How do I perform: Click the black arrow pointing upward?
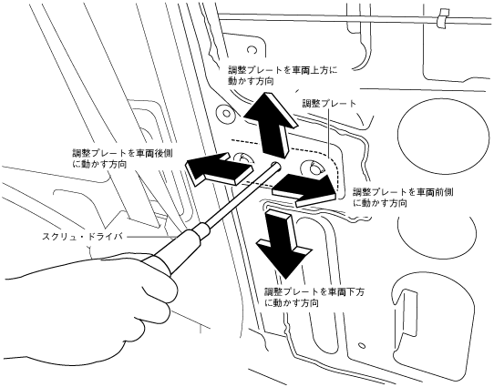tap(271, 124)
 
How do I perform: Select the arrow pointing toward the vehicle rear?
tap(219, 168)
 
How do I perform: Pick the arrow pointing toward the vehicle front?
tap(304, 188)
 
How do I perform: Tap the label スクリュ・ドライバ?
tap(82, 236)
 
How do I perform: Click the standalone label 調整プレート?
tap(330, 103)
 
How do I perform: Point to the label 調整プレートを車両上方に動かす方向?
tap(283, 76)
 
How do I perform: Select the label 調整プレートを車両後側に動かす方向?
tap(122, 158)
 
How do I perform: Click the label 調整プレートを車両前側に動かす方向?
tap(403, 198)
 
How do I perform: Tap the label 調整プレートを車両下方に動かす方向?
tap(314, 297)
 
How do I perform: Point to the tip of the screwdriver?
tap(276, 164)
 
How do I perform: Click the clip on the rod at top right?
tap(443, 18)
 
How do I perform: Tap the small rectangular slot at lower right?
tap(408, 313)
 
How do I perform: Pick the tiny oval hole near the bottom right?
tap(363, 345)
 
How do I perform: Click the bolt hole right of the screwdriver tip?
tap(314, 168)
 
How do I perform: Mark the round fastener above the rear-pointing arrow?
tap(225, 113)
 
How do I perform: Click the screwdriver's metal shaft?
tap(241, 193)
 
